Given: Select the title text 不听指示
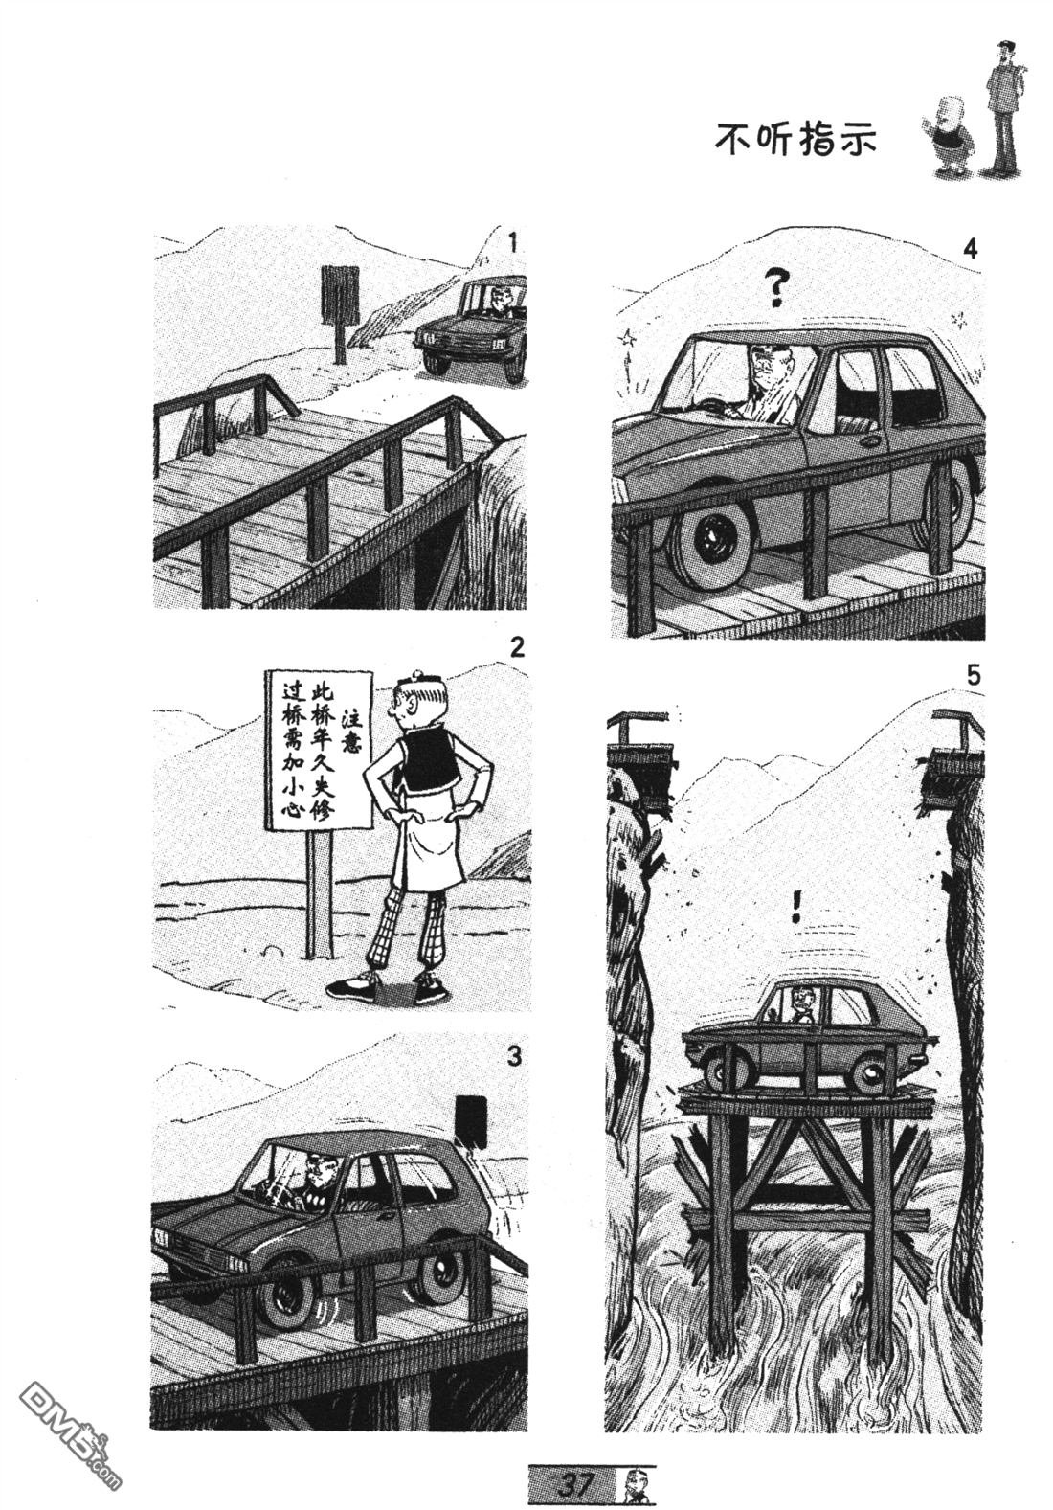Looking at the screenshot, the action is [795, 141].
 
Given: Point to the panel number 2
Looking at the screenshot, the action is [516, 649].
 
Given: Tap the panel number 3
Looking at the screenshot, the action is [514, 1056].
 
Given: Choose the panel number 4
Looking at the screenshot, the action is [970, 249].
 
